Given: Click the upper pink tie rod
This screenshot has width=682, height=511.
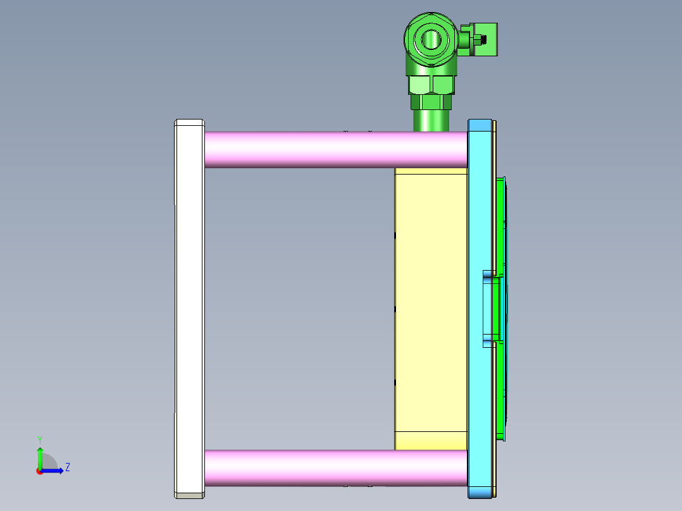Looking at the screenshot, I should pos(335,149).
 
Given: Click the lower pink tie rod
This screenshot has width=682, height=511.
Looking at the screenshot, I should pos(335,468).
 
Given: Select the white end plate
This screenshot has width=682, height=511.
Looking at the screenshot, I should pos(189,307).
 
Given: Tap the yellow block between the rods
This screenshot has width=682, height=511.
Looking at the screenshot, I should pos(430,304).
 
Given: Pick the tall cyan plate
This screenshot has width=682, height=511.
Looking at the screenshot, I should pos(480,209).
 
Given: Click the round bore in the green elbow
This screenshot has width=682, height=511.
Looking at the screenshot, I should pos(431,39).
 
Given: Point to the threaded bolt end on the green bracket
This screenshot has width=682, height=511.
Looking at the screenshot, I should pos(485,40).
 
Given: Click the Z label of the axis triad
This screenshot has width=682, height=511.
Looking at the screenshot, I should pos(67,467).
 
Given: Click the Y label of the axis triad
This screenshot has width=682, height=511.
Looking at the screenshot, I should pos(39,439).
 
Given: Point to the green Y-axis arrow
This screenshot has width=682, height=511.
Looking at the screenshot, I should pos(39,457).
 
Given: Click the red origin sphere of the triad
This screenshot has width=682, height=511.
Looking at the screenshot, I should pos(39,471).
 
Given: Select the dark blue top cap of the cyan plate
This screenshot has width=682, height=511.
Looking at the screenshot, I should pos(480,125).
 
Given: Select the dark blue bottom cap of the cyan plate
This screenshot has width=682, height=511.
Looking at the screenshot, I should pos(480,491).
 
